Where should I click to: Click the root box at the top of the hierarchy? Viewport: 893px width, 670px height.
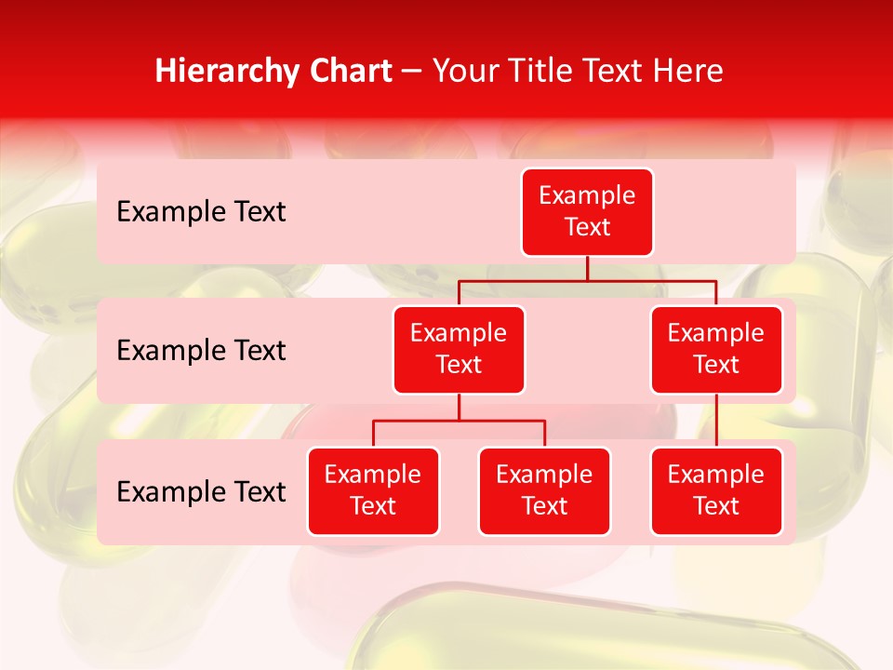pos(587,211)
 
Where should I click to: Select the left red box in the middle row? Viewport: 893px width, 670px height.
pos(459,349)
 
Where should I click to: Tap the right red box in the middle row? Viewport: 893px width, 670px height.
pos(716,349)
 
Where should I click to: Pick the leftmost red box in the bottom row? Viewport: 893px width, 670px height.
pos(373,490)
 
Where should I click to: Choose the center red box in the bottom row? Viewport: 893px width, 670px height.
pos(544,490)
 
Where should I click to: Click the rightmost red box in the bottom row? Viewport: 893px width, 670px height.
pos(716,490)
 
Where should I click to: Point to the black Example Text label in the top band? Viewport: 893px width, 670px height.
pos(201,212)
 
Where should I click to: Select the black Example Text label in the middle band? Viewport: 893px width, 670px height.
pos(201,351)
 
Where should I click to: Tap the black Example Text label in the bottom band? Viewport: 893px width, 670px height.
pos(201,492)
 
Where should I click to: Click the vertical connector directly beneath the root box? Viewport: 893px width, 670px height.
pos(587,268)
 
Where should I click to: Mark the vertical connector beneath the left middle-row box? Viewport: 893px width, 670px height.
pos(459,407)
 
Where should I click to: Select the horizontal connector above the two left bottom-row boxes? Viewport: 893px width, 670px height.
pos(459,421)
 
